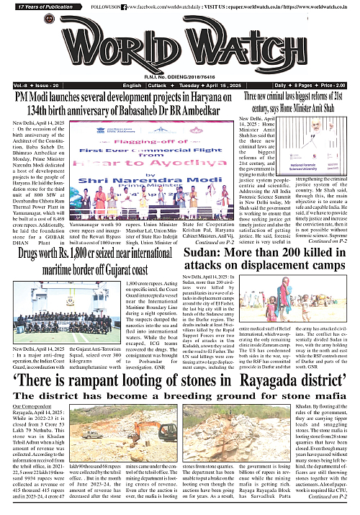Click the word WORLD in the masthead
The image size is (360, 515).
94,45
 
